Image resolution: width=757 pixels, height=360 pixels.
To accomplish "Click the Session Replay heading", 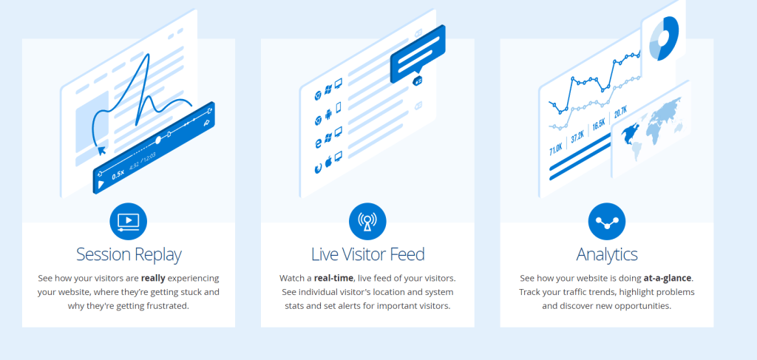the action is (129, 254).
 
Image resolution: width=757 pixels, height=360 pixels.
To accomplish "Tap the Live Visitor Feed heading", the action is (368, 254).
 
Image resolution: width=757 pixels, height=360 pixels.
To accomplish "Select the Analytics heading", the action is (607, 254).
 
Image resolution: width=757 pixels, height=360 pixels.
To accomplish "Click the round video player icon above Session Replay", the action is (129, 222).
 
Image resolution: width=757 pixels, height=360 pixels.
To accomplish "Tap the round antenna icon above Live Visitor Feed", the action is (368, 222).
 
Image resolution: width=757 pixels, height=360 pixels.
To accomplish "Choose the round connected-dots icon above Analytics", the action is (607, 222).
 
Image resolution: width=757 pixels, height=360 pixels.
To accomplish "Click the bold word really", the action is (153, 279).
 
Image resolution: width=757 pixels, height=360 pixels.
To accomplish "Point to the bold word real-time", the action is (333, 279).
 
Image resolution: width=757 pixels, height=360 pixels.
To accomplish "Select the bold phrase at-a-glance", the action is (668, 279).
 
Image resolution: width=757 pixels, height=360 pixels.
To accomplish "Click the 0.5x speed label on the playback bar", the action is (118, 174).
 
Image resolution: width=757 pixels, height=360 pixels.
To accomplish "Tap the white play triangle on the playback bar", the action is (101, 184).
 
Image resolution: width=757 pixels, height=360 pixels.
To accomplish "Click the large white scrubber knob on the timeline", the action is (158, 140).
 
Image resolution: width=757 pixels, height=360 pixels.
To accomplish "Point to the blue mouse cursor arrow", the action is (102, 151).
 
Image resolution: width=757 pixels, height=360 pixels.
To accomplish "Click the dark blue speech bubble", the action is (418, 54).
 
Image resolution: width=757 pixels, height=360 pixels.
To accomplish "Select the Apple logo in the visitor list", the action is (328, 162).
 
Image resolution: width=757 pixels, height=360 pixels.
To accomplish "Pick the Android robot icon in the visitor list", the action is (328, 115).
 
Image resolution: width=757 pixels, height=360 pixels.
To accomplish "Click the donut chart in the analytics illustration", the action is (664, 38).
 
